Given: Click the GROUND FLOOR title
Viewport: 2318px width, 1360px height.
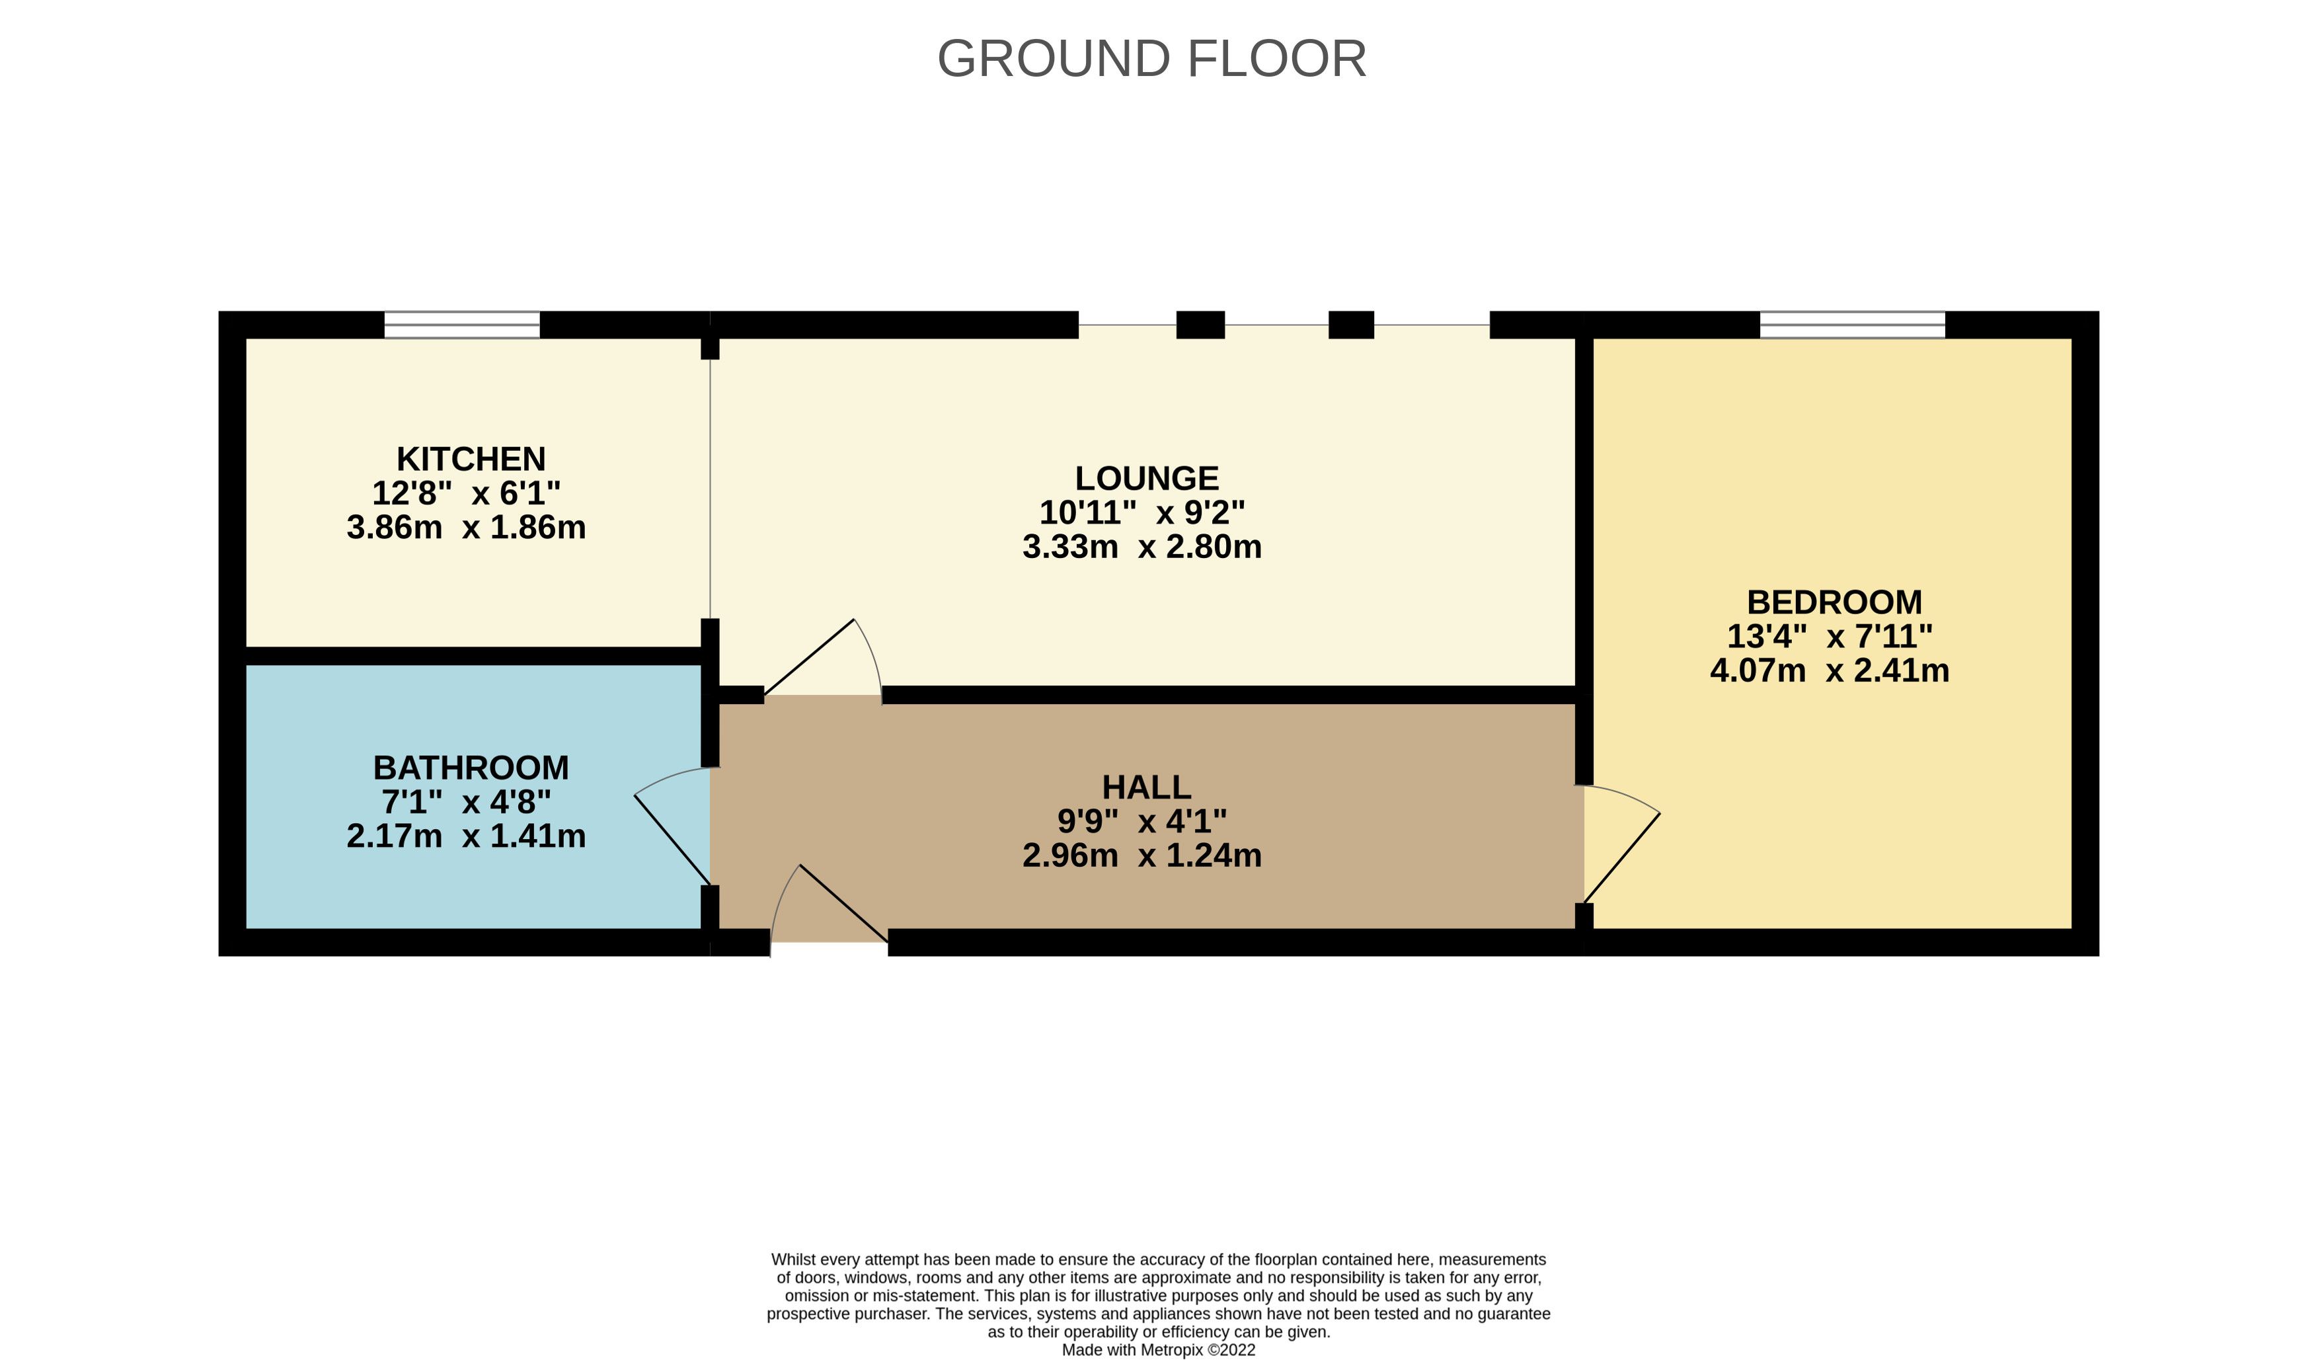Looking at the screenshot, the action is (1151, 59).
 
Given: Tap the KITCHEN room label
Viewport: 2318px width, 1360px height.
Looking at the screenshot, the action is (471, 458).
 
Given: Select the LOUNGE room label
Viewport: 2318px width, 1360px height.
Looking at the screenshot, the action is (1147, 479).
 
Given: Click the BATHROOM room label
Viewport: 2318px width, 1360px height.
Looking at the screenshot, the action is (471, 768).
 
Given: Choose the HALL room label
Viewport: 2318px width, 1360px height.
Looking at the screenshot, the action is (1146, 787).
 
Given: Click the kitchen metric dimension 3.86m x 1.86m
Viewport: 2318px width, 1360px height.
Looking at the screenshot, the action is (467, 527).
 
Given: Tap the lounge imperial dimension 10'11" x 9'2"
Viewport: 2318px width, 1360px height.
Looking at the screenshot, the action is (1142, 512).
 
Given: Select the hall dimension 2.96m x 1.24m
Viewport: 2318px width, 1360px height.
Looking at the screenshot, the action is (1142, 856).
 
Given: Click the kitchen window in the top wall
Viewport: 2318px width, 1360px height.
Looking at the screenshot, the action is (462, 325).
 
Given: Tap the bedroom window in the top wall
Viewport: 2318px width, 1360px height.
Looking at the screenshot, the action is (1853, 325).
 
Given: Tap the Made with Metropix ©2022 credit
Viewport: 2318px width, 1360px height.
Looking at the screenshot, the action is (1158, 1350).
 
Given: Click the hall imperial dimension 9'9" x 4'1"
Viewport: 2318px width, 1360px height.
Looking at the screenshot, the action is (1142, 820).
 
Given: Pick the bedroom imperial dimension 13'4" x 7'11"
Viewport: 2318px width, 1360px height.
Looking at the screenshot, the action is (1830, 636).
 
